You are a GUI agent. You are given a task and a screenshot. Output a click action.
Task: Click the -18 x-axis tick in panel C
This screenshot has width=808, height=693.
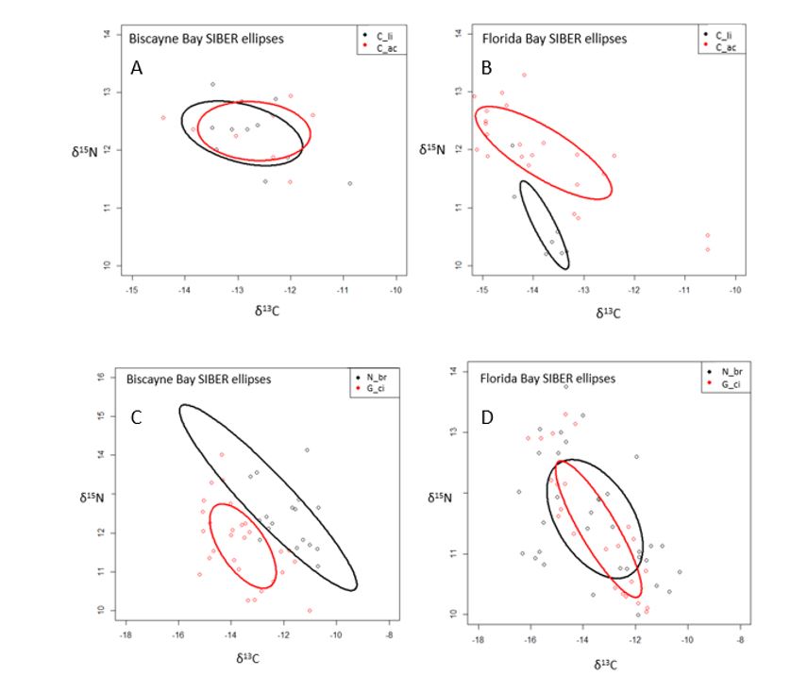tap(126, 638)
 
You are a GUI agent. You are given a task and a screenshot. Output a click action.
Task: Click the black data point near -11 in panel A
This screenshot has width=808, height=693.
tap(349, 183)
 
